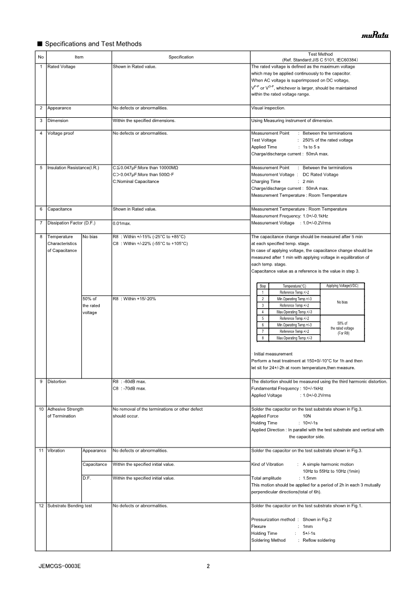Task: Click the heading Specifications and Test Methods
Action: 93,44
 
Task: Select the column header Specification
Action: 181,57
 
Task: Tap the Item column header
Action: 79,57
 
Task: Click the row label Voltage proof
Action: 60,133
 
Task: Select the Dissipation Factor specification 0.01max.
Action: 122,223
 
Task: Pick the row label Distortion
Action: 57,381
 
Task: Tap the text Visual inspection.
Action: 268,108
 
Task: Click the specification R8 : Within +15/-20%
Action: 134,299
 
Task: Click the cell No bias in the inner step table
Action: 342,302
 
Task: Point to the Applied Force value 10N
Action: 307,416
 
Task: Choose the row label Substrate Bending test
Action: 69,506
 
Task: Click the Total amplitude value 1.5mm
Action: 310,478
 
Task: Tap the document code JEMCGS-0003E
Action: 59,566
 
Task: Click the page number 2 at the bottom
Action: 208,566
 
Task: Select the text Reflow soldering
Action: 319,540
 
